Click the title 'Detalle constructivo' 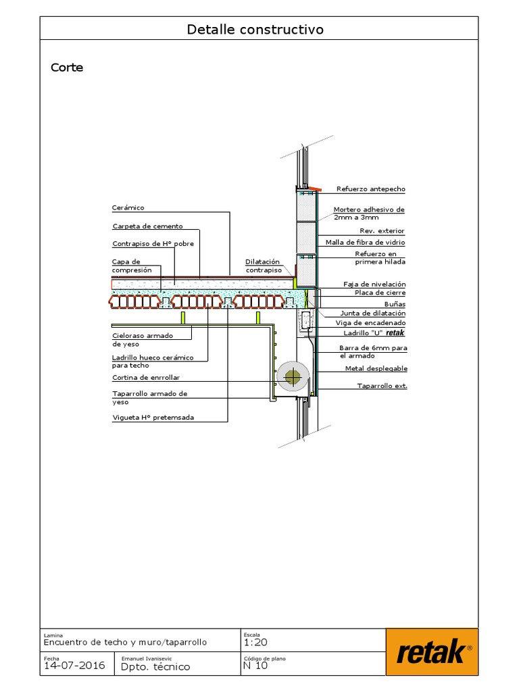point(255,30)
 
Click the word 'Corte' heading point(67,68)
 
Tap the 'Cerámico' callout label point(128,207)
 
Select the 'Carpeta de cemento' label point(147,226)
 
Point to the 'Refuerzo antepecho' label point(371,189)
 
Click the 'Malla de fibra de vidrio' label point(365,242)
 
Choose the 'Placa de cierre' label point(380,293)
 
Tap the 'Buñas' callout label point(394,305)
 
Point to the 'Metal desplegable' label point(376,369)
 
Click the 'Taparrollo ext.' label point(382,386)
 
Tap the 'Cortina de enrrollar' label point(146,378)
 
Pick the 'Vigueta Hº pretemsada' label point(153,418)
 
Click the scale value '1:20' point(257,643)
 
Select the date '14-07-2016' point(74,666)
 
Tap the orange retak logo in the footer point(432,652)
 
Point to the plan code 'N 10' point(255,666)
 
